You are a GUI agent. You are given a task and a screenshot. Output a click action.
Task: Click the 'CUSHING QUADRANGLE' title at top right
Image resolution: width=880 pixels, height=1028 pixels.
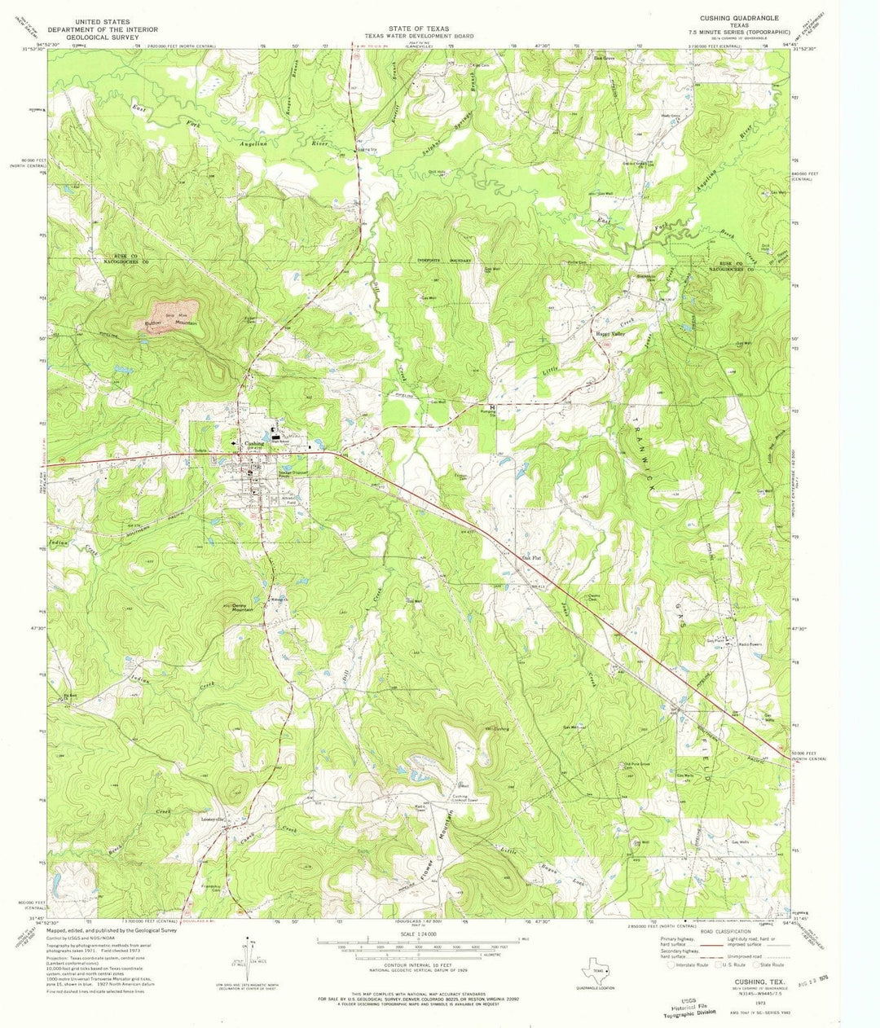coord(740,17)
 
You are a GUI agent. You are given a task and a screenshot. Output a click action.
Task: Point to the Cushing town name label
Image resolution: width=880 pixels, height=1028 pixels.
coord(253,444)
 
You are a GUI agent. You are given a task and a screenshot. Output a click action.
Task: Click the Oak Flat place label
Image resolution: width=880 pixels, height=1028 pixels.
coord(531,559)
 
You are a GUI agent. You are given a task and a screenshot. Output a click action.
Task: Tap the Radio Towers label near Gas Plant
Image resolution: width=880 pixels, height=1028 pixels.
coord(750,644)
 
